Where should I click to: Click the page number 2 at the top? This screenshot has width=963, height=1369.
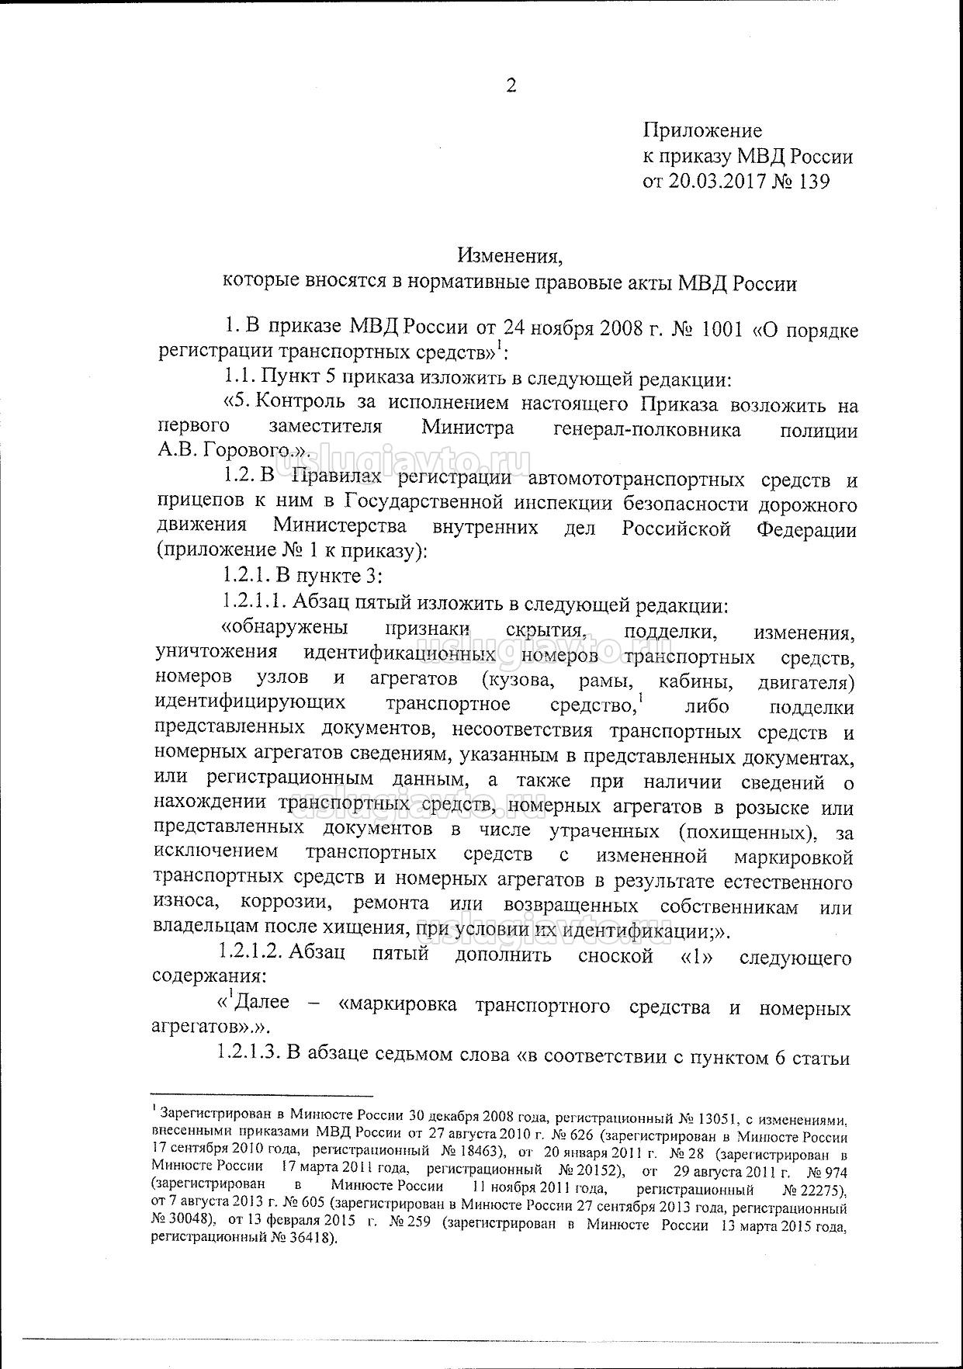point(511,86)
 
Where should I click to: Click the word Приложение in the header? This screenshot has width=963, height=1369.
point(702,131)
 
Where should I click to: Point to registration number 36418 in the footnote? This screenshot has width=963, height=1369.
point(301,1238)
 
